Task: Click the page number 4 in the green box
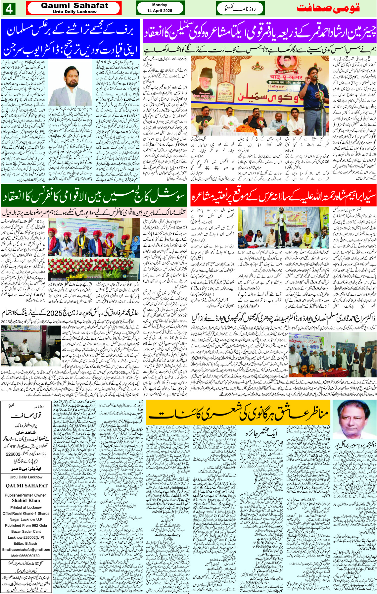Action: coord(8,8)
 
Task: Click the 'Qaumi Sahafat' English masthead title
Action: coord(74,6)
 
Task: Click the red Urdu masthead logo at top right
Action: coord(328,8)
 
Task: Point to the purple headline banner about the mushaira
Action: coord(259,32)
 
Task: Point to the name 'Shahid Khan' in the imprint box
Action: coord(26,501)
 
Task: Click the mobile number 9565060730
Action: coord(25,556)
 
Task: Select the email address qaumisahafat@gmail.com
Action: coord(26,550)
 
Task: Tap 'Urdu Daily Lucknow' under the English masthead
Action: coord(74,12)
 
